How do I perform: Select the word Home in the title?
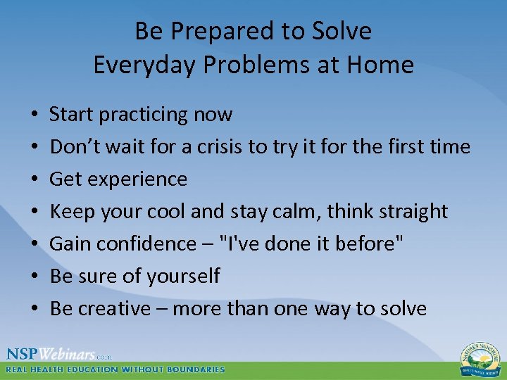pyautogui.click(x=382, y=65)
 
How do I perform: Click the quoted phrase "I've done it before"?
pyautogui.click(x=312, y=243)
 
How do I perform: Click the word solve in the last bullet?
pyautogui.click(x=401, y=308)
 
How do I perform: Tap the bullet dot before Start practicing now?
pyautogui.click(x=35, y=115)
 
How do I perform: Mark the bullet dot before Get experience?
pyautogui.click(x=35, y=179)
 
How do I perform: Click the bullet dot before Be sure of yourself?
pyautogui.click(x=35, y=277)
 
